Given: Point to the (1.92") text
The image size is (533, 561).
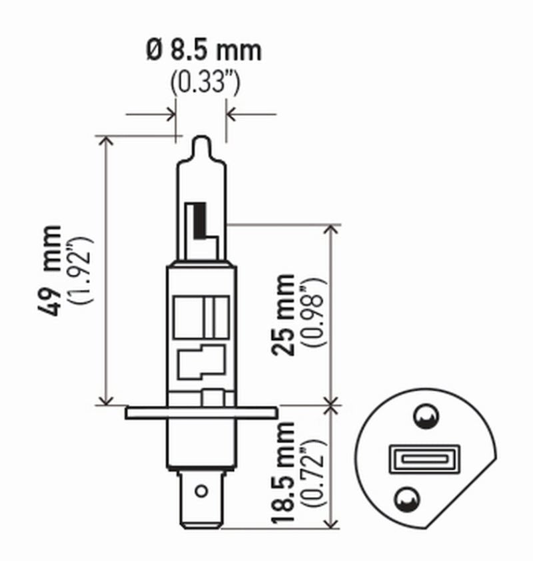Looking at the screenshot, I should coord(83,270).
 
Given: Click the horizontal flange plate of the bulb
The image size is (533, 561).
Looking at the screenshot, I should coord(201,413).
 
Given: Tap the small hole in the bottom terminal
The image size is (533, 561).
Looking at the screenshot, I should coord(201,492).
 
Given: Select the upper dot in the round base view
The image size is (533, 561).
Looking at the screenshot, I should coord(424,417).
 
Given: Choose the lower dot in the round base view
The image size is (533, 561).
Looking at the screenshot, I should coord(406,498).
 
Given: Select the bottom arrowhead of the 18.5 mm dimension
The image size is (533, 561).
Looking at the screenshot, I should coord(331,525).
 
